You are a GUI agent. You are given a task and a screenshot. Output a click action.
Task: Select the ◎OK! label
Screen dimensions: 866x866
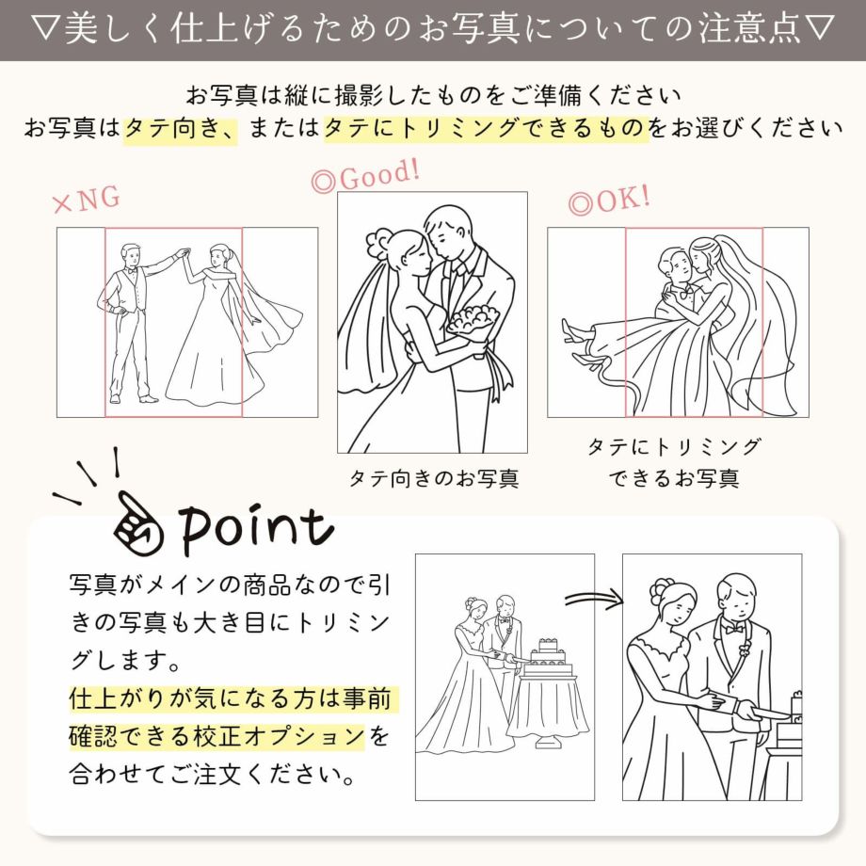coord(608,200)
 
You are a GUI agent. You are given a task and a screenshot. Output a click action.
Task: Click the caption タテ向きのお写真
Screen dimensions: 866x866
coord(433,478)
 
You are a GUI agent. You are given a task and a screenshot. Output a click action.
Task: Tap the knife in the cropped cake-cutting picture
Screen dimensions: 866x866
coord(767,713)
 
